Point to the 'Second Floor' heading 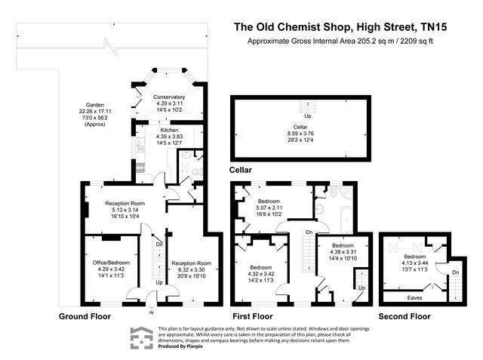pos(405,316)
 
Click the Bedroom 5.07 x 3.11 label pos(270,208)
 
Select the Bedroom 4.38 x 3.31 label pos(343,252)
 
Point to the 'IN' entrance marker pos(150,312)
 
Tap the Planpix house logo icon pos(142,337)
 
